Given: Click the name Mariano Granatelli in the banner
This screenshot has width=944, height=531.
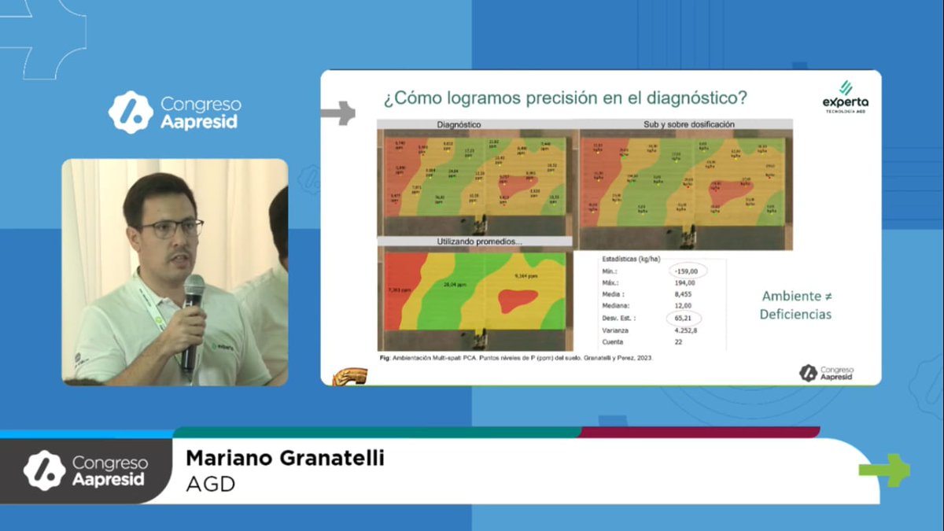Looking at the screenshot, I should [x=285, y=459].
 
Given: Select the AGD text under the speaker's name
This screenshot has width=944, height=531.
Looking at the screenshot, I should [x=210, y=484].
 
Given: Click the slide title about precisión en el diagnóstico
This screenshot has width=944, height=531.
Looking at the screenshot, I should [x=564, y=99].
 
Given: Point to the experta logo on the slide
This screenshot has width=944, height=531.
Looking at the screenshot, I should [x=845, y=98].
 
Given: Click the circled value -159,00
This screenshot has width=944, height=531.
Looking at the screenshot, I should [x=687, y=271].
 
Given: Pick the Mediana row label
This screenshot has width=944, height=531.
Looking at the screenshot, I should [x=618, y=306].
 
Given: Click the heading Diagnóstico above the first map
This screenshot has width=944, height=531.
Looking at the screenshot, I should [x=459, y=124].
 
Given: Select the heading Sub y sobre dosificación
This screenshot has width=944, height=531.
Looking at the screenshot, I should [x=688, y=124].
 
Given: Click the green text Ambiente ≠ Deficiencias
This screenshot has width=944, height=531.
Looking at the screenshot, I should [x=795, y=305].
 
